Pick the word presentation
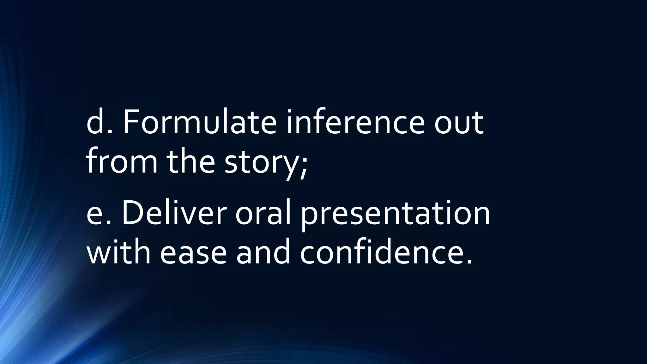[395, 215]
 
